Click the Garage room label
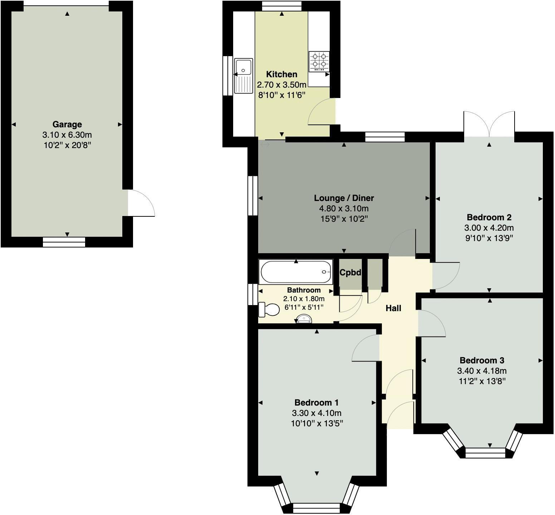pyautogui.click(x=67, y=124)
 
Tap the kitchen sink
pyautogui.click(x=244, y=75)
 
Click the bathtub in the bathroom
pyautogui.click(x=296, y=272)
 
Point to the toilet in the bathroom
pyautogui.click(x=269, y=309)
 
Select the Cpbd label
pyautogui.click(x=350, y=273)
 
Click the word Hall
pyautogui.click(x=393, y=308)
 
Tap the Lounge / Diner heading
pyautogui.click(x=344, y=198)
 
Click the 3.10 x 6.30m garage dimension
pyautogui.click(x=67, y=135)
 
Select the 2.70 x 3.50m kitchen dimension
pyautogui.click(x=281, y=85)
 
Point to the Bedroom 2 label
pyautogui.click(x=489, y=217)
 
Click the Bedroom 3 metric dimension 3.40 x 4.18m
pyautogui.click(x=482, y=371)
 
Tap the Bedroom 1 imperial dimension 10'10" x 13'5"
pyautogui.click(x=317, y=424)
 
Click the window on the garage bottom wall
pyautogui.click(x=64, y=242)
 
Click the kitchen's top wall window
pyautogui.click(x=281, y=6)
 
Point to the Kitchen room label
pyautogui.click(x=281, y=74)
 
